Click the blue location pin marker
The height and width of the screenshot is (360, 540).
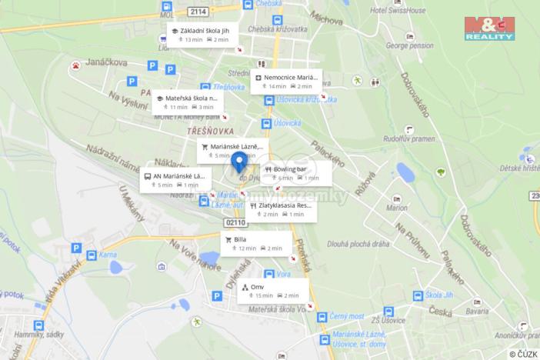[239, 162]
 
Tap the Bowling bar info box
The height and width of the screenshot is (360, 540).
[296, 173]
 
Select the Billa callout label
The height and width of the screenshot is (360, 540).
[255, 244]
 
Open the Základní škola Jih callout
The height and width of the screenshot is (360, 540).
[202, 35]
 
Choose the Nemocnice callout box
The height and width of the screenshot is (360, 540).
[285, 82]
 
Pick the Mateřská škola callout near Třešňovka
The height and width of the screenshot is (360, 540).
[188, 102]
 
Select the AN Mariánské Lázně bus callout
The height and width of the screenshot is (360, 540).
[176, 180]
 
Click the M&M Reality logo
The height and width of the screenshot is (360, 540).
[489, 28]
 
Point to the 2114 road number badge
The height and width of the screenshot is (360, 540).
[198, 11]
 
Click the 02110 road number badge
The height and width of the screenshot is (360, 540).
[236, 222]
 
